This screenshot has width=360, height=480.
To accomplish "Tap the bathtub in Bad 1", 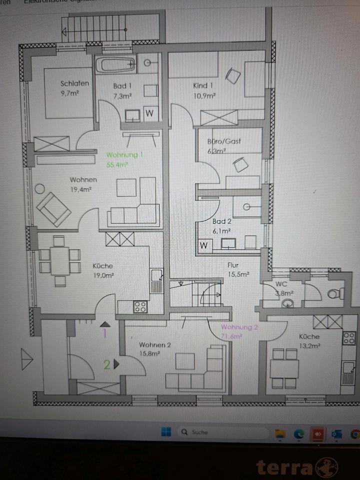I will click(115, 64).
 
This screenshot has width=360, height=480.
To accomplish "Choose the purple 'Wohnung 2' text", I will click(239, 327).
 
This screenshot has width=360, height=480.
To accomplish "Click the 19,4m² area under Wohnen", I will click(80, 189).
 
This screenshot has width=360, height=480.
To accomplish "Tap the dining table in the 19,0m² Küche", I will click(60, 260).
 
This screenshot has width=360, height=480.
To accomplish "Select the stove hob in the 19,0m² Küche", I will click(140, 306).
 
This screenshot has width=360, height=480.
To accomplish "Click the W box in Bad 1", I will click(149, 113).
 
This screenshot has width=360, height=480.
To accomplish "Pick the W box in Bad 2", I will click(203, 245).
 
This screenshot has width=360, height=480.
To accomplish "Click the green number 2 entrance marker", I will click(107, 364).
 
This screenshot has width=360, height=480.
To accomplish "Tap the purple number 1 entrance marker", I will click(104, 333).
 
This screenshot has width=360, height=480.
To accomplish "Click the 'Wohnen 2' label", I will click(155, 345).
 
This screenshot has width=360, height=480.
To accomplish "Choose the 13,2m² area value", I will click(309, 345).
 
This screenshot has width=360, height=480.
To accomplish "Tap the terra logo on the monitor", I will click(297, 467).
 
